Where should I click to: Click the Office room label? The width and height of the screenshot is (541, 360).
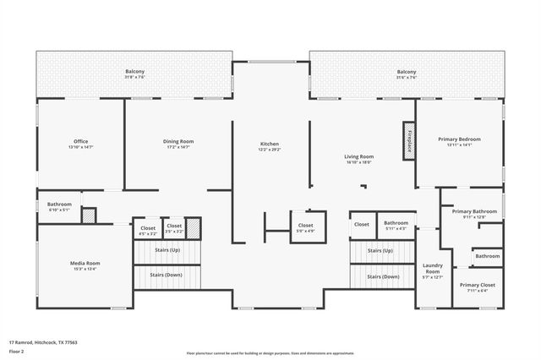(80, 141)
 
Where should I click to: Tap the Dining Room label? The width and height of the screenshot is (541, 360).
(178, 141)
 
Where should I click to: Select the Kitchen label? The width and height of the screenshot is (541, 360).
(269, 145)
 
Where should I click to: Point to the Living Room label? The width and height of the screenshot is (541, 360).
(358, 156)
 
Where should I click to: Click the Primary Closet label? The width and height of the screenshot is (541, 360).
(478, 285)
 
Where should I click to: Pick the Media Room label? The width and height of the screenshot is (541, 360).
(85, 264)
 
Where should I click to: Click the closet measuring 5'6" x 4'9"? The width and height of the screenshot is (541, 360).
(305, 226)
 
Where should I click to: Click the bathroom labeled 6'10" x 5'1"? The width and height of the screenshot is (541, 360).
(59, 205)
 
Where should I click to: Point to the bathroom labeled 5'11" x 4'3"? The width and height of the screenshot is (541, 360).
(396, 223)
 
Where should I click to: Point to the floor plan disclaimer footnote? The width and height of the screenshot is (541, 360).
(270, 353)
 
